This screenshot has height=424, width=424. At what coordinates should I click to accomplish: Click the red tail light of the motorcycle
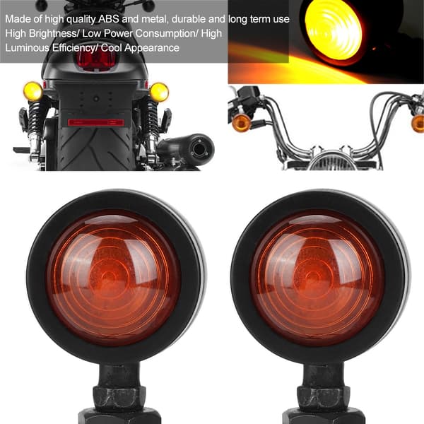(x=96, y=59)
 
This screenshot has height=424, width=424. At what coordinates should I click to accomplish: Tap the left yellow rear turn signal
(x=33, y=91)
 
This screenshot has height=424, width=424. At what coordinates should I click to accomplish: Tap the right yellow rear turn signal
(x=159, y=92)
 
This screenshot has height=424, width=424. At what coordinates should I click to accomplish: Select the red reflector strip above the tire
(x=96, y=122)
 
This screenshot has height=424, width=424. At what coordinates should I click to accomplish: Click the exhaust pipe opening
(x=199, y=149)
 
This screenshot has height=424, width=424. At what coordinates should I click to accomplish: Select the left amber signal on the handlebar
(x=242, y=123)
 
